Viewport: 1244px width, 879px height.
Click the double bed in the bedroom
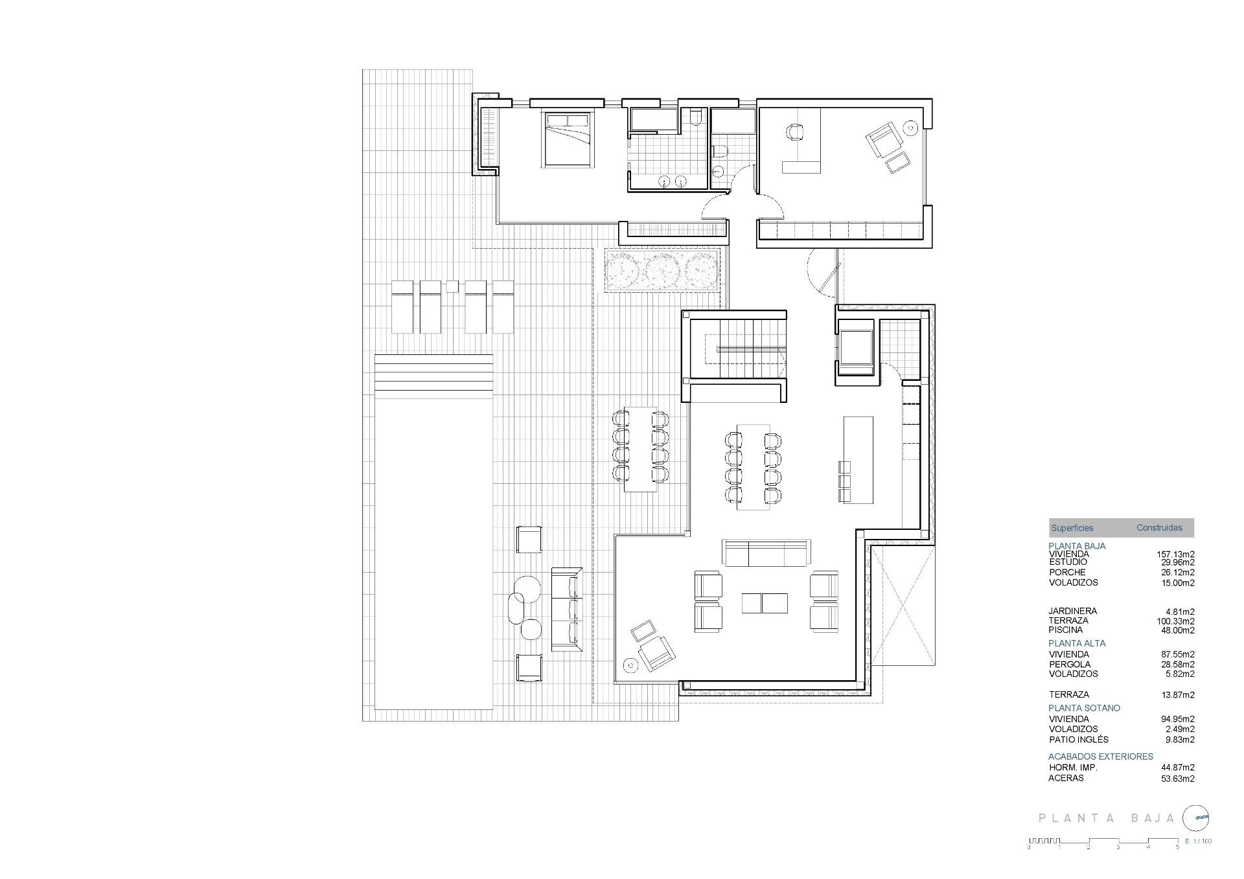point(568,140)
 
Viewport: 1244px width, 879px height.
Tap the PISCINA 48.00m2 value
point(1177,630)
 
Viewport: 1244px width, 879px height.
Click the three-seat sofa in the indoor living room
point(766,553)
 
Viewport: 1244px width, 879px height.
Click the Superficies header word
point(1072,528)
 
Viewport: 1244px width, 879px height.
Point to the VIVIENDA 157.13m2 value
point(1175,554)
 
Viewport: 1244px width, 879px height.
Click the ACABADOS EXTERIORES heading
point(1100,757)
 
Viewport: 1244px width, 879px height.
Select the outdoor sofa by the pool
point(567,609)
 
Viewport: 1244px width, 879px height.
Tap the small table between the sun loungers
point(452,286)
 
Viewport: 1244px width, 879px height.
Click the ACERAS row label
point(1066,778)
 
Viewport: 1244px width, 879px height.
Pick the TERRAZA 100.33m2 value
point(1175,621)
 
